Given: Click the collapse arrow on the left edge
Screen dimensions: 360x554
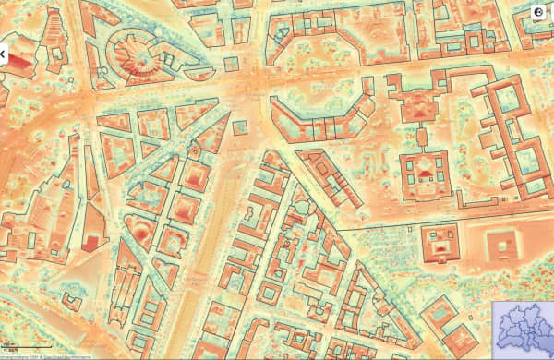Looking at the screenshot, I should click(3, 54).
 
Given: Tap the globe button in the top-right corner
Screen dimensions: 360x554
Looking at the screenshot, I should click(538, 11).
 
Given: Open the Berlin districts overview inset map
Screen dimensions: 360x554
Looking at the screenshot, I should click(522, 327).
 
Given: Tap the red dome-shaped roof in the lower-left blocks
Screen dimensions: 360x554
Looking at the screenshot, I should click(140, 228).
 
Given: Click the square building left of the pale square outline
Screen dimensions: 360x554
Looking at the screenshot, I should click(439, 241).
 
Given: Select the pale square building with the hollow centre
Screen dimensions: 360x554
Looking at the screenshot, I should click(504, 244).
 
